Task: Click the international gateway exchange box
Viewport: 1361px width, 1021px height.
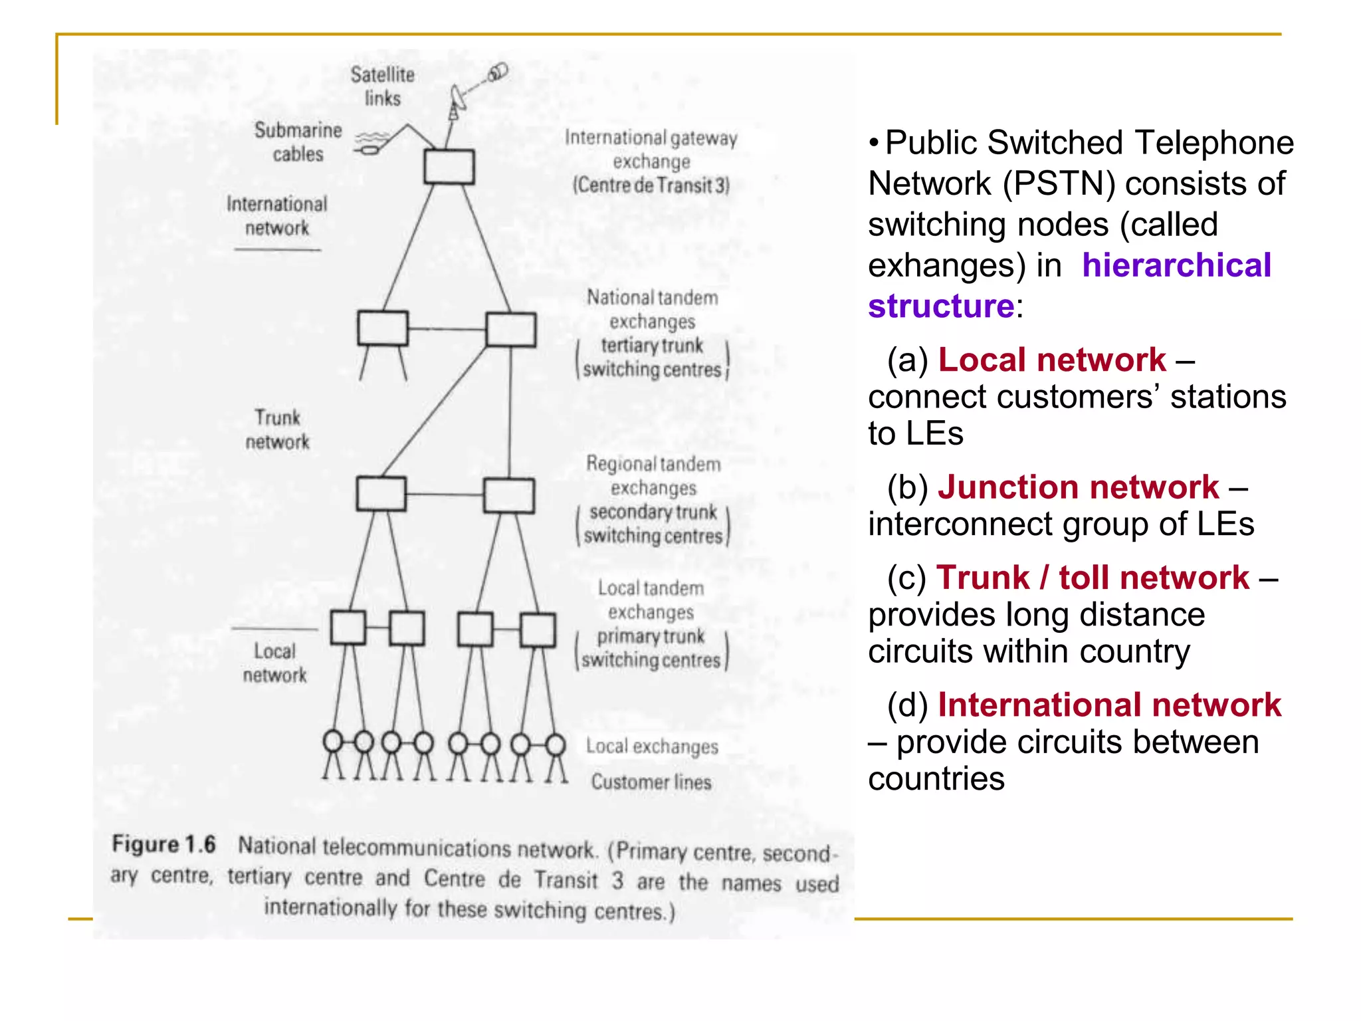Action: [x=449, y=167]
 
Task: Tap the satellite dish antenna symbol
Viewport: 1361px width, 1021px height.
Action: [x=458, y=100]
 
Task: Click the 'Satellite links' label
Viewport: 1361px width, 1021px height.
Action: [x=382, y=86]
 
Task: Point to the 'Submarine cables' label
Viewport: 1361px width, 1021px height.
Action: [x=298, y=142]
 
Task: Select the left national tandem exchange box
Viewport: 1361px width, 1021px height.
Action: [x=383, y=328]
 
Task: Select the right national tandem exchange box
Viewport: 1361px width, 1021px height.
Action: [x=510, y=330]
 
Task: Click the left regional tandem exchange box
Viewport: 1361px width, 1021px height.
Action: [x=381, y=494]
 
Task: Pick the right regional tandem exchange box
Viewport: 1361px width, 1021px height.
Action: [x=508, y=496]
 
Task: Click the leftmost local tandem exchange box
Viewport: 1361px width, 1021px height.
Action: [x=348, y=627]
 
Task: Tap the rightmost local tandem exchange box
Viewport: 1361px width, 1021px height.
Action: [x=538, y=630]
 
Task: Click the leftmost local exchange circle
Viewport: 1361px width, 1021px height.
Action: [x=332, y=741]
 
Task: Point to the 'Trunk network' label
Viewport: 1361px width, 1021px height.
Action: [x=277, y=429]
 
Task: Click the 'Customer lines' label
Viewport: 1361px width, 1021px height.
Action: [x=651, y=782]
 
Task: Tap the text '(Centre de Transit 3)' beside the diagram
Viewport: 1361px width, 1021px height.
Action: [x=651, y=185]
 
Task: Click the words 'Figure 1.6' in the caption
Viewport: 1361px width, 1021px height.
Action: [x=163, y=844]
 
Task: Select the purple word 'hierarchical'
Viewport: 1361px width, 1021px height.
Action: [x=1176, y=265]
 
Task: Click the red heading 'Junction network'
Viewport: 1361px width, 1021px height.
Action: [x=1078, y=487]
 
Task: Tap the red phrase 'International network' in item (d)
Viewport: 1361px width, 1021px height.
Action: [x=1109, y=705]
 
